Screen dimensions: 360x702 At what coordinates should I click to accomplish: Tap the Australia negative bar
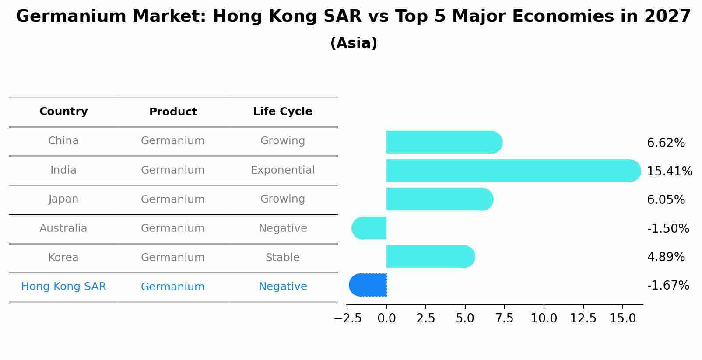369,228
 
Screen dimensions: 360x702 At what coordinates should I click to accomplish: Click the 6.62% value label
666,143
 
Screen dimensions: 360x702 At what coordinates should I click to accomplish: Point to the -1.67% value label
668,286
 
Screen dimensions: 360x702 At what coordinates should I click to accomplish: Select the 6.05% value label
666,200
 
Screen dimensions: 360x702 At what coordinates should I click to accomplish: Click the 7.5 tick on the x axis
504,318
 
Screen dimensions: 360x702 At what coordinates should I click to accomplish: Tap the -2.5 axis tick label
347,318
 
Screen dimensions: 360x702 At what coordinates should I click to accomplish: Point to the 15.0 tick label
622,318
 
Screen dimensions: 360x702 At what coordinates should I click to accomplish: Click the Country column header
63,112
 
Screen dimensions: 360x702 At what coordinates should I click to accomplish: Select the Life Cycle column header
282,112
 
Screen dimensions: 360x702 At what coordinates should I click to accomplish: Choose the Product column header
173,112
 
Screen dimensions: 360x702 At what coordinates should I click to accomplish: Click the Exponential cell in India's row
282,170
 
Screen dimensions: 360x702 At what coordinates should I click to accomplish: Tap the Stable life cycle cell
282,258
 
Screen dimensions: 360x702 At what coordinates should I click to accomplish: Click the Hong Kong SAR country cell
63,287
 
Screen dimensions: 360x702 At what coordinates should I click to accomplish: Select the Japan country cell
63,199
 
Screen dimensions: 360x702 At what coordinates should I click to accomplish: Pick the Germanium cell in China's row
173,141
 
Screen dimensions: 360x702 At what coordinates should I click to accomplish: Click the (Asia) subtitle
354,43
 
